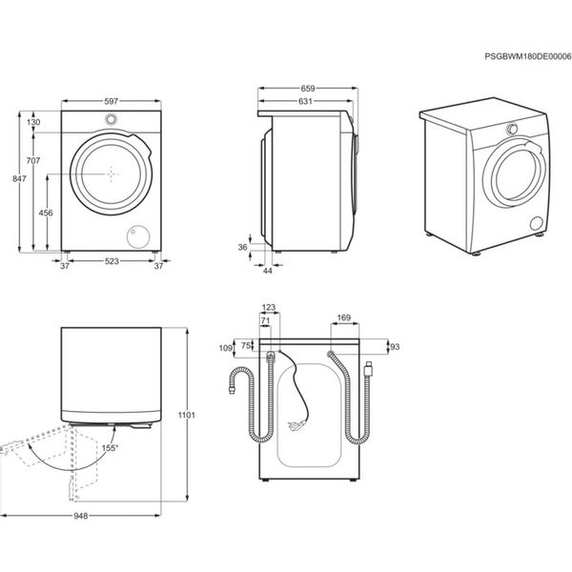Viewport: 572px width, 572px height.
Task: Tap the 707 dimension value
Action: click(x=33, y=162)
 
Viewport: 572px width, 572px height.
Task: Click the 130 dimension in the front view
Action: click(x=33, y=123)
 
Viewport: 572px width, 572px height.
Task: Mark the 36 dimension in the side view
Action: click(x=242, y=248)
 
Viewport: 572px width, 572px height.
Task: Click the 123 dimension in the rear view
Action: click(x=268, y=307)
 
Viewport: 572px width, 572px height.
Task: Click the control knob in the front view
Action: click(x=112, y=120)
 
